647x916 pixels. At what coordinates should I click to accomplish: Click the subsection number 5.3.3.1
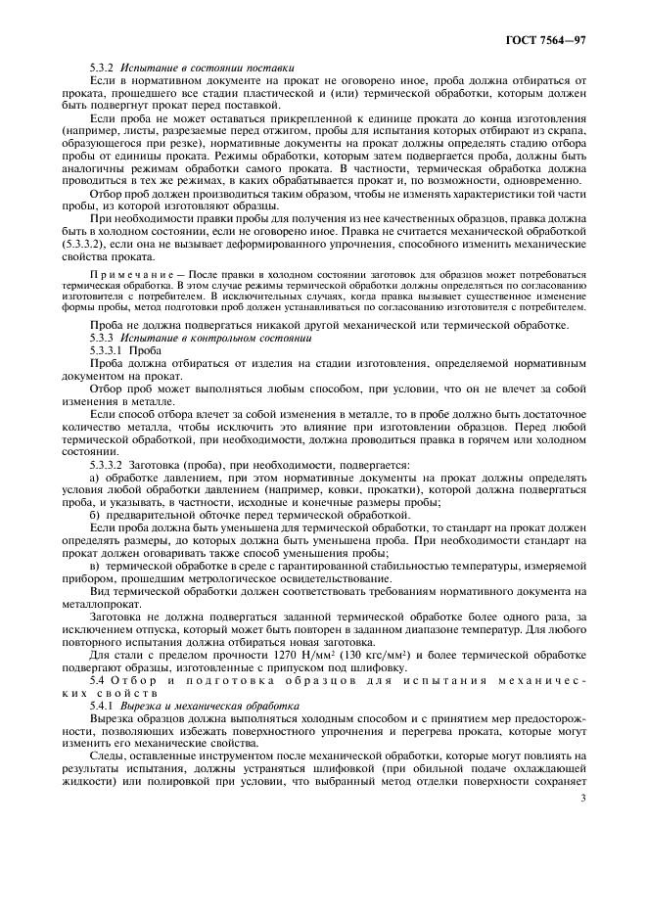tap(108, 349)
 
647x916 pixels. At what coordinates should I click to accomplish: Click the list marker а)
tap(95, 478)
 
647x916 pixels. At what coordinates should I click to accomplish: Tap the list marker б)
tap(95, 514)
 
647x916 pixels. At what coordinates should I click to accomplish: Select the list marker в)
tap(95, 565)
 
